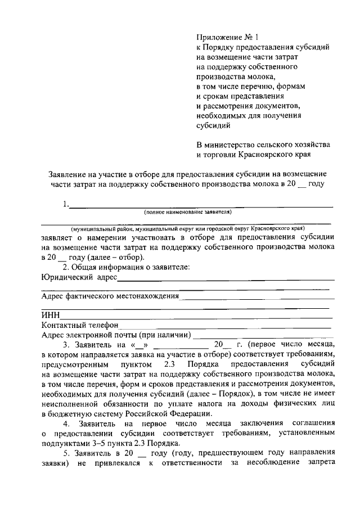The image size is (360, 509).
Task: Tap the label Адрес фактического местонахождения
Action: click(110, 296)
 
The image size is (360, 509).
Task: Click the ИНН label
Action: click(50, 316)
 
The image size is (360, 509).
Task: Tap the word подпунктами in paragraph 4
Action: click(65, 443)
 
